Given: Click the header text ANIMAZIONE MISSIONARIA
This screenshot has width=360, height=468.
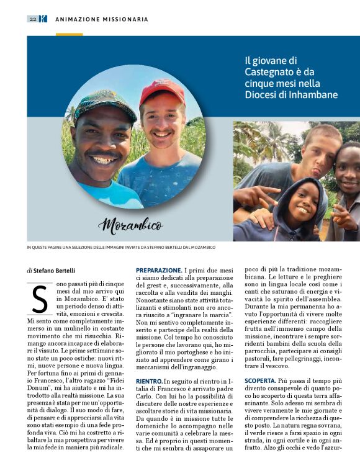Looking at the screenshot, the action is [x=102, y=19].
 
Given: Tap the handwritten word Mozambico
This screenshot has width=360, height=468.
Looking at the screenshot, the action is [x=130, y=224].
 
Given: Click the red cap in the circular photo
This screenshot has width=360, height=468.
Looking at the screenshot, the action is [x=161, y=91].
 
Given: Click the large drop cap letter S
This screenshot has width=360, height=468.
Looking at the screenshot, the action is [x=39, y=299].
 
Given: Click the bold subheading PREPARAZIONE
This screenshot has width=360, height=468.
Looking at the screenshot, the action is [x=158, y=270].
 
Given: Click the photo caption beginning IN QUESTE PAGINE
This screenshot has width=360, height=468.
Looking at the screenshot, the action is [x=120, y=247].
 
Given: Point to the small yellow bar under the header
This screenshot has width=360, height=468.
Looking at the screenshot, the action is [x=69, y=34].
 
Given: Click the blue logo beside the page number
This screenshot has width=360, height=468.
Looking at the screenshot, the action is [x=43, y=19].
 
